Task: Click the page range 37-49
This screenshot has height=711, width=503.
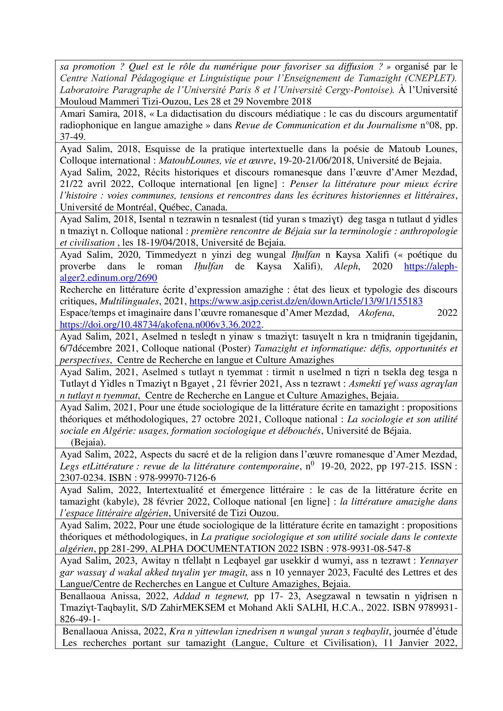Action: (x=72, y=136)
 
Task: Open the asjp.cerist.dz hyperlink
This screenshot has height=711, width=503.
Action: (x=306, y=301)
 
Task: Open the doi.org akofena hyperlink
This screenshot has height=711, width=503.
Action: (x=161, y=324)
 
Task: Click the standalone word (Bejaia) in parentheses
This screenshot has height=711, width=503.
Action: (x=88, y=442)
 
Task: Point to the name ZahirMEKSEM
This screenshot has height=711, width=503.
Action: (x=192, y=607)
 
